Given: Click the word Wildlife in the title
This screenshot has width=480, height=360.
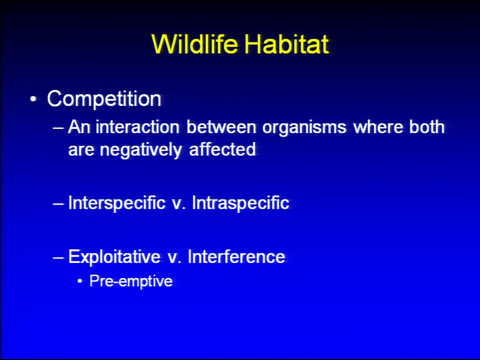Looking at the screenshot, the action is tap(194, 44).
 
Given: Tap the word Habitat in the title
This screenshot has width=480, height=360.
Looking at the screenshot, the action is tap(287, 44).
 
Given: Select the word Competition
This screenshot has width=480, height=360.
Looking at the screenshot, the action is tap(104, 99).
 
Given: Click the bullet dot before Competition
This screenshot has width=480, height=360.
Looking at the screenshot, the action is tap(33, 99).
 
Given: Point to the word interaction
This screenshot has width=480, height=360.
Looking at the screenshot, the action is tap(137, 126).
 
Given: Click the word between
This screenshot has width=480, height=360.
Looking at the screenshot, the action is tap(221, 126).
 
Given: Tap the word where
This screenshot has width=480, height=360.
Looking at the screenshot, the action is tap(378, 126).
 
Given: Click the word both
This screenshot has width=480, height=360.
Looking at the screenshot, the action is tap(426, 126).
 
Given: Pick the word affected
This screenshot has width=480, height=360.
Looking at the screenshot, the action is tap(222, 149).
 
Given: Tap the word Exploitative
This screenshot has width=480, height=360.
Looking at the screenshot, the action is tap(114, 257).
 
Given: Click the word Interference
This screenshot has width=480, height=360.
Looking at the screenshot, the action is tap(236, 256).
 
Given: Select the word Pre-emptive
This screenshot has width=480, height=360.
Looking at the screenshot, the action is tap(131, 281).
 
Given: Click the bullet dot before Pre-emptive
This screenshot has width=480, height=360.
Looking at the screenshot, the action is tap(80, 281).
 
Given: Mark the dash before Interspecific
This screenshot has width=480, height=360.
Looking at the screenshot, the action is tap(58, 203).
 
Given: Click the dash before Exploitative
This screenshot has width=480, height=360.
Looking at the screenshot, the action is tap(58, 257).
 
